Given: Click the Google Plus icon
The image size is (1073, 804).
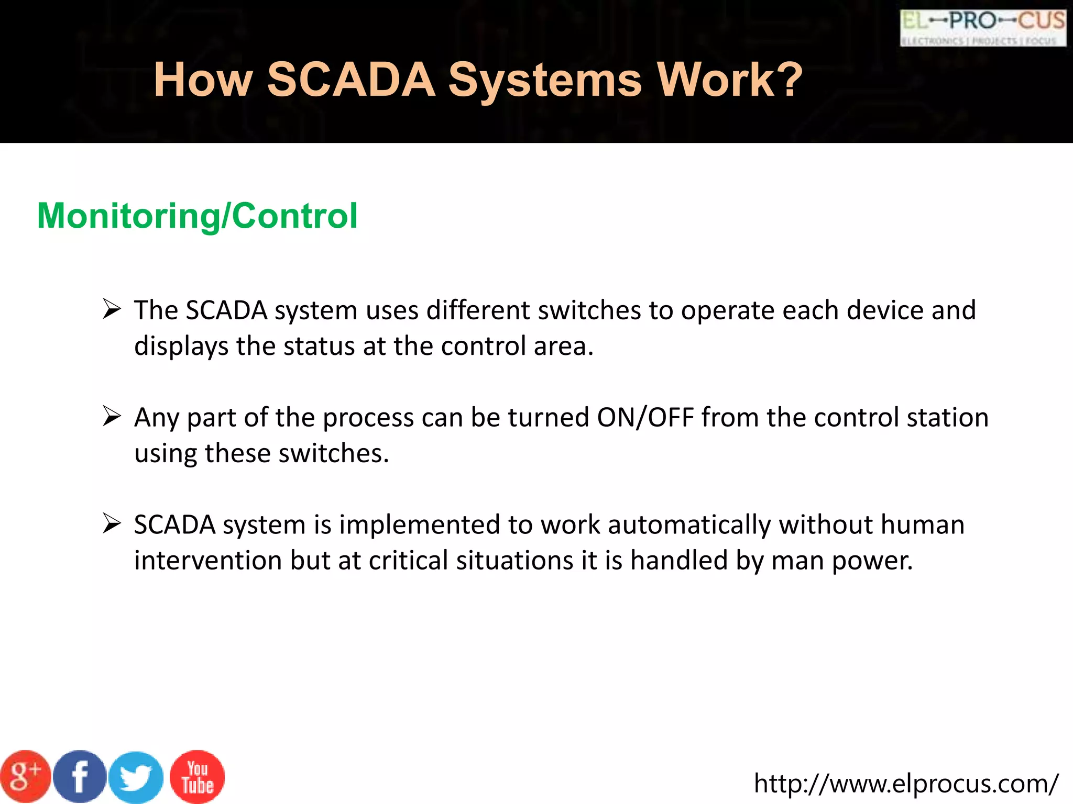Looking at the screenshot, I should click(x=25, y=777).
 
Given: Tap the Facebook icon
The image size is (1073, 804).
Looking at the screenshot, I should click(x=80, y=777).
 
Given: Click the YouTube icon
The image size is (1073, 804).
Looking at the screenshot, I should click(x=197, y=777).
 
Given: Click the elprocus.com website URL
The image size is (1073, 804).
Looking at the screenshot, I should click(x=906, y=784).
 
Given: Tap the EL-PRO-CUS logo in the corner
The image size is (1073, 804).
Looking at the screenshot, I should click(x=983, y=28).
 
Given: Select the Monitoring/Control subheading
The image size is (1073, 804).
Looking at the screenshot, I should click(x=198, y=216).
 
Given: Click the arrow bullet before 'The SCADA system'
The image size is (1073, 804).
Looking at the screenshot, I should click(x=112, y=309).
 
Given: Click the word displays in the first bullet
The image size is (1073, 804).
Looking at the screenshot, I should click(x=181, y=347).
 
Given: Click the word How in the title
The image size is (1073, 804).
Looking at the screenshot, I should click(x=203, y=80).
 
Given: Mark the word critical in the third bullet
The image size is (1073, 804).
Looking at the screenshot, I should click(x=408, y=561).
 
